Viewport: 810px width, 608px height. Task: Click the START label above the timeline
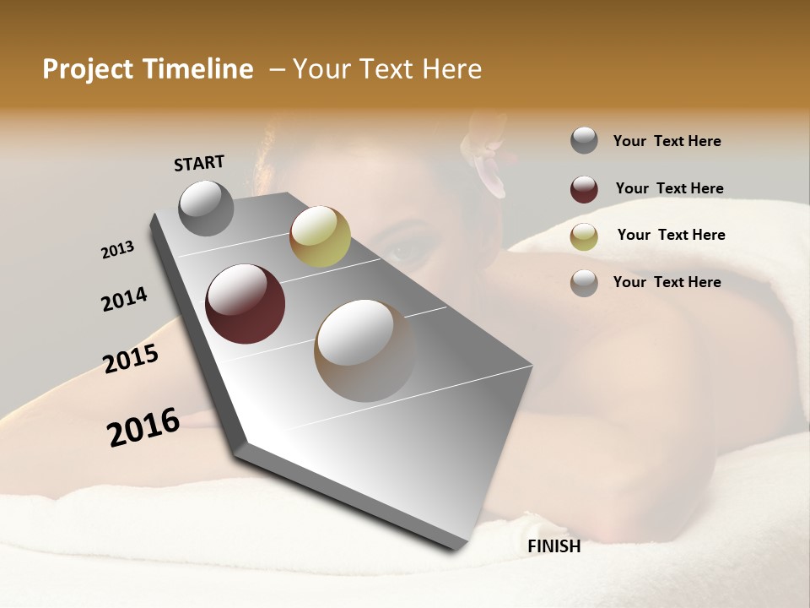point(199,163)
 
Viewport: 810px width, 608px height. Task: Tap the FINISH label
point(553,546)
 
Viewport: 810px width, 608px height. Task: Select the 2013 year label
point(118,250)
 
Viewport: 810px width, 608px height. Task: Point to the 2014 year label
point(124,299)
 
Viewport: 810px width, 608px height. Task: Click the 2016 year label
point(143,427)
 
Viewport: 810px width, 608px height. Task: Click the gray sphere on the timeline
point(207,208)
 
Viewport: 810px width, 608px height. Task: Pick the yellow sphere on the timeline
point(320,236)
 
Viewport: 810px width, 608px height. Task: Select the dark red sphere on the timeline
point(246,304)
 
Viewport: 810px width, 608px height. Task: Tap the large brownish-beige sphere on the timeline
point(364,350)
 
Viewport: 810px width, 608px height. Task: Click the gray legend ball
point(584,141)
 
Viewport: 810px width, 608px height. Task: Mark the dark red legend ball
point(584,189)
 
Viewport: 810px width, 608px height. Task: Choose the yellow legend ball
point(584,236)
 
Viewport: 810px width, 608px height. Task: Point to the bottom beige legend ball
point(584,283)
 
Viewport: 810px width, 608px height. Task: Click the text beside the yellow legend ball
point(671,235)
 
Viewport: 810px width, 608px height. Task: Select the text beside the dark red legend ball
point(669,188)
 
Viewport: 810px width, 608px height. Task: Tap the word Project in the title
point(88,69)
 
